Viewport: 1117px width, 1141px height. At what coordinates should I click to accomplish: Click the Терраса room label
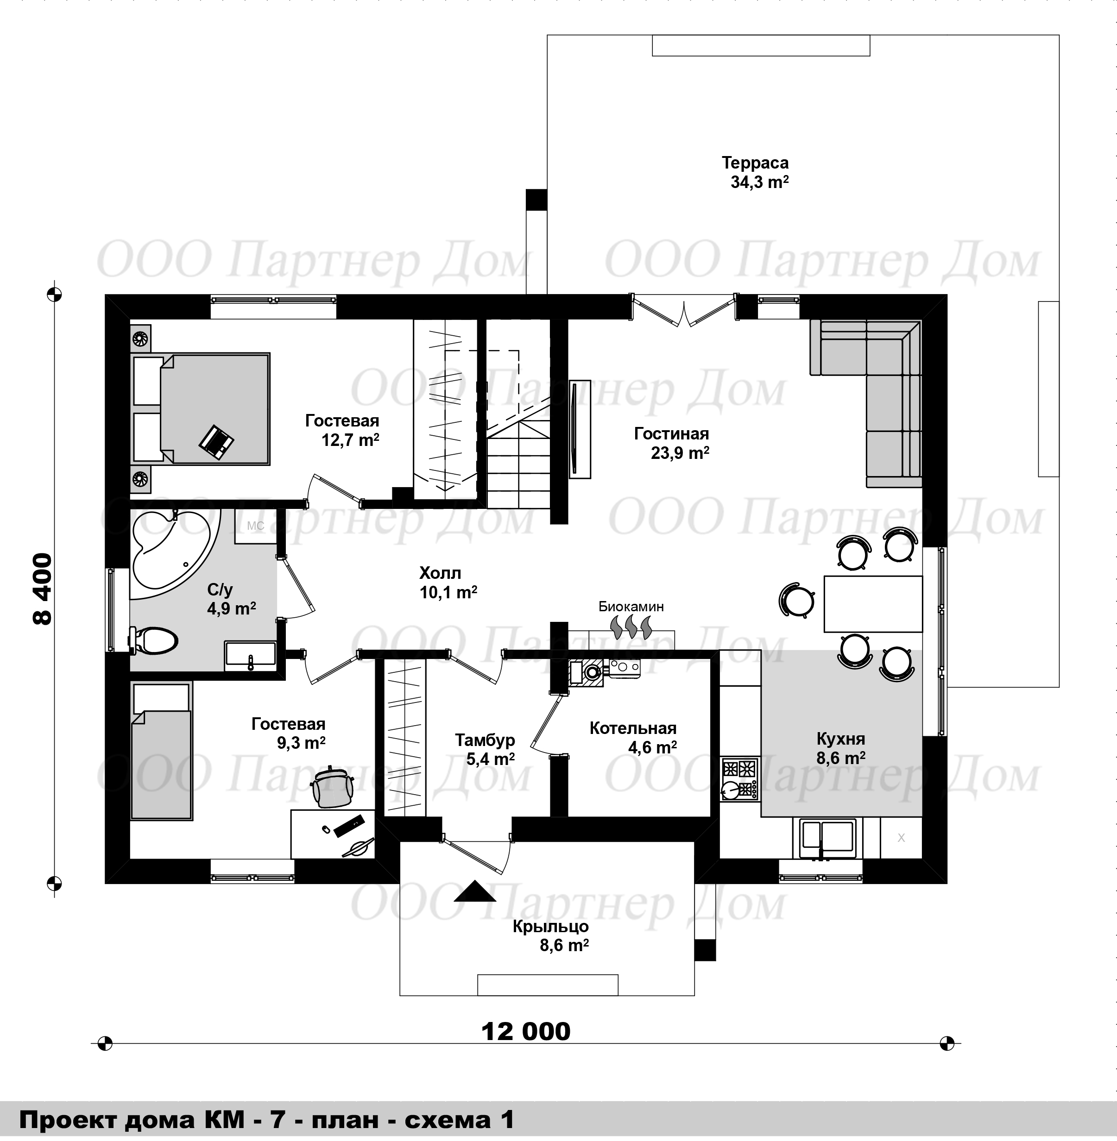click(755, 163)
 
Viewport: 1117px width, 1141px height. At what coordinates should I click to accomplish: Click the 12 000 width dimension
click(526, 1031)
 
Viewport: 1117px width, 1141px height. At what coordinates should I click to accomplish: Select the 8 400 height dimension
click(43, 589)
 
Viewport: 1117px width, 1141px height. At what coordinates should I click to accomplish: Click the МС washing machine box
click(256, 526)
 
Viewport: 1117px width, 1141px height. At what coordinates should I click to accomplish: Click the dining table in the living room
click(873, 604)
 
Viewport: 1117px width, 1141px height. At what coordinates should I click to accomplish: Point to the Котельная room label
click(633, 728)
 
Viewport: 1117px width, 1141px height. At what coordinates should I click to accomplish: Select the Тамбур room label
click(485, 740)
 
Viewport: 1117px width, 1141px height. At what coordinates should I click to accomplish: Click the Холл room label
click(440, 573)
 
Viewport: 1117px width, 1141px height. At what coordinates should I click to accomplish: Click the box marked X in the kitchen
click(901, 839)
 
